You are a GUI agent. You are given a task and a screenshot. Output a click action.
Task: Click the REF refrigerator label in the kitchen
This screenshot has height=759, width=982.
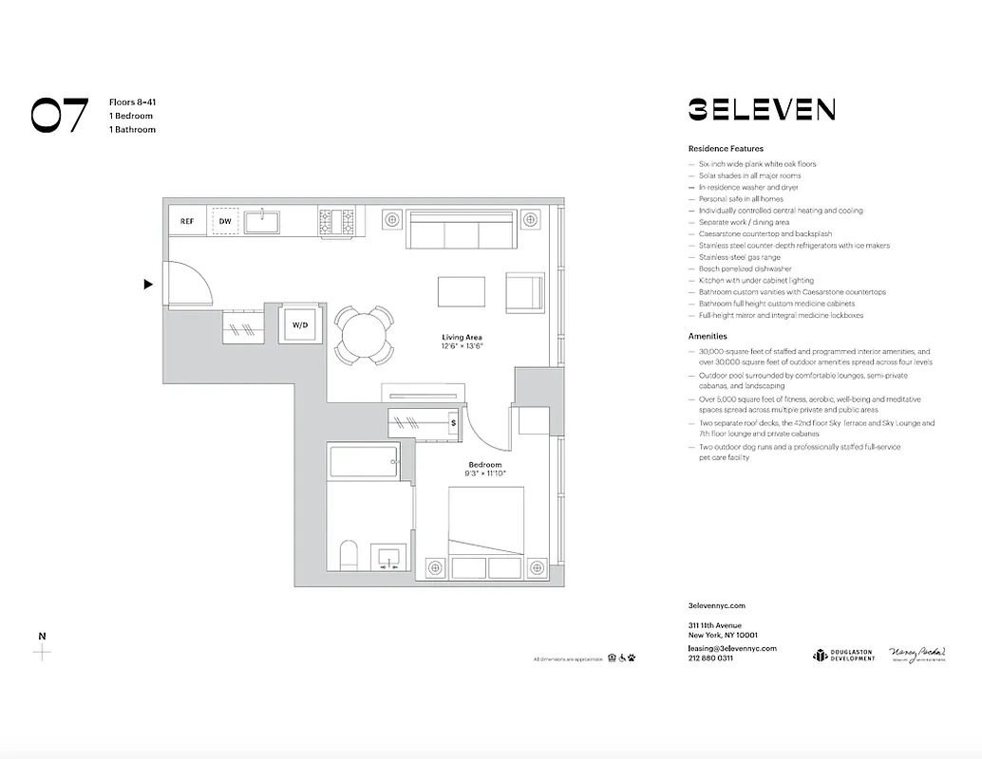tap(187, 221)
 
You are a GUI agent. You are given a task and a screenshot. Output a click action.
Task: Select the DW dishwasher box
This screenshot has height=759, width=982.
tap(225, 221)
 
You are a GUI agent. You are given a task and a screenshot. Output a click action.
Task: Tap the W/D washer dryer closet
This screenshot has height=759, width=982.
tap(300, 325)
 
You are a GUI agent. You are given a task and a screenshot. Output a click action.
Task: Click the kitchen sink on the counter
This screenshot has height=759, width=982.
tap(261, 222)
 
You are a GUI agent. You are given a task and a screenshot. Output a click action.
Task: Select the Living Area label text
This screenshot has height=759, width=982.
tap(462, 338)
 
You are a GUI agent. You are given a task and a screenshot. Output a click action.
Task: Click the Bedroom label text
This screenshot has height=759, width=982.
tap(484, 465)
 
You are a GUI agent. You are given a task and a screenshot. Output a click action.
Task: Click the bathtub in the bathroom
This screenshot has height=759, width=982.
tap(365, 463)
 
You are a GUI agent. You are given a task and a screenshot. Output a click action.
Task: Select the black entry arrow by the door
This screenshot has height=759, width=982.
tap(148, 284)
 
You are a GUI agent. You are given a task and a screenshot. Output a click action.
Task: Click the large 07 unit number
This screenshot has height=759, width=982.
tap(60, 115)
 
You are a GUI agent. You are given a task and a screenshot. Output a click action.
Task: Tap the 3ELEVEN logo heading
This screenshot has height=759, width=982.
tap(761, 109)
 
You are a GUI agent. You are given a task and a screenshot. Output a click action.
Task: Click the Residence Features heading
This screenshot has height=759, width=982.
tap(725, 149)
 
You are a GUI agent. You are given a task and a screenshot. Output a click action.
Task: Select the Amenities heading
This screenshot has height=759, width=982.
tap(708, 336)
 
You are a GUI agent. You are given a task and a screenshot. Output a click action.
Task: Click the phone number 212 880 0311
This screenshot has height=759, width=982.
tap(710, 658)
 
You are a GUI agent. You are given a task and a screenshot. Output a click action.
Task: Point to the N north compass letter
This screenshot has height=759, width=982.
tap(41, 636)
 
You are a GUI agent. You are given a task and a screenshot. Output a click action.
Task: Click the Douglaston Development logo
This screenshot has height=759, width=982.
tap(843, 656)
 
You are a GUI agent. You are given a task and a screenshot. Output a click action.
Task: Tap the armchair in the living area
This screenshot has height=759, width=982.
tap(524, 292)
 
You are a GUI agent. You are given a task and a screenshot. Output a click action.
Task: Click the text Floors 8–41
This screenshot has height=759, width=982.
tap(131, 102)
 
